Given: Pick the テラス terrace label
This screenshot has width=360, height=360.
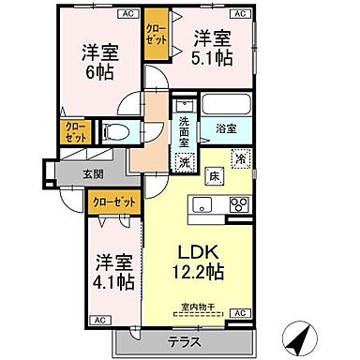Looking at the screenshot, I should (183, 344).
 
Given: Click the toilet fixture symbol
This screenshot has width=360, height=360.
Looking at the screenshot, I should (114, 133).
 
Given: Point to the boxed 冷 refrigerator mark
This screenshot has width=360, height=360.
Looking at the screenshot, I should (241, 160).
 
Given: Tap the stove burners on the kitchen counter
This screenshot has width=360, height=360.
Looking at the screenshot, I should (238, 204).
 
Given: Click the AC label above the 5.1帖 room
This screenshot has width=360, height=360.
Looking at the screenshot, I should (239, 15).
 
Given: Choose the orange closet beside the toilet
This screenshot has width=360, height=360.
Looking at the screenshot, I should (71, 132).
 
